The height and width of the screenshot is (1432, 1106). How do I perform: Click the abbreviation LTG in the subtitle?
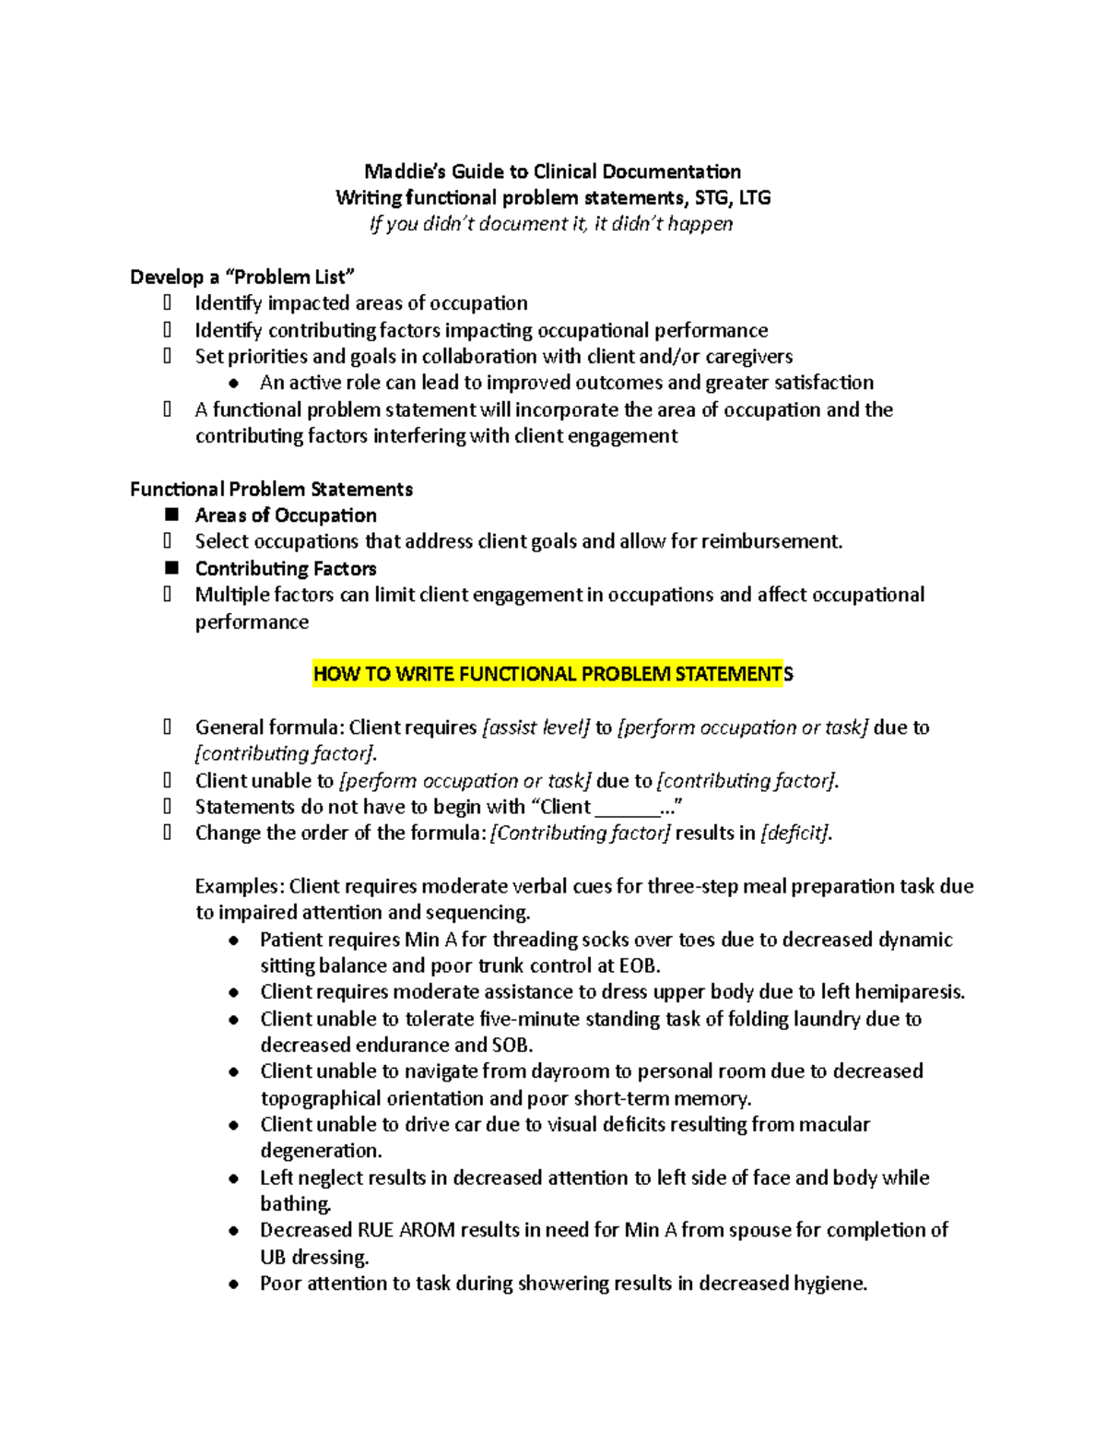tap(754, 197)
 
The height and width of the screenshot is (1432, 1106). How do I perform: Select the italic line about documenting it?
tap(551, 224)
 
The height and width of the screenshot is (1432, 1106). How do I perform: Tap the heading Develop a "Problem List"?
tap(241, 277)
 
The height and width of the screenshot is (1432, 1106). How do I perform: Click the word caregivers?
tap(748, 357)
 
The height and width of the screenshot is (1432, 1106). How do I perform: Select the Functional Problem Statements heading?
tap(271, 489)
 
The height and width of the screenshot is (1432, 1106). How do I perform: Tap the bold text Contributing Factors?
tap(286, 568)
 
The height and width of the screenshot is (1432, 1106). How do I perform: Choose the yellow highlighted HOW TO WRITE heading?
tap(552, 674)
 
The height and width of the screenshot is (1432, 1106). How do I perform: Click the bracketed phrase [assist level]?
tap(535, 728)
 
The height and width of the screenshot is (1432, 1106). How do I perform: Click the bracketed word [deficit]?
tap(795, 834)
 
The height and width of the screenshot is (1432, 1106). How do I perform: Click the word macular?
tap(834, 1124)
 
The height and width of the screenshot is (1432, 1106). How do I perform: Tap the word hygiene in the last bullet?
tap(822, 1284)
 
